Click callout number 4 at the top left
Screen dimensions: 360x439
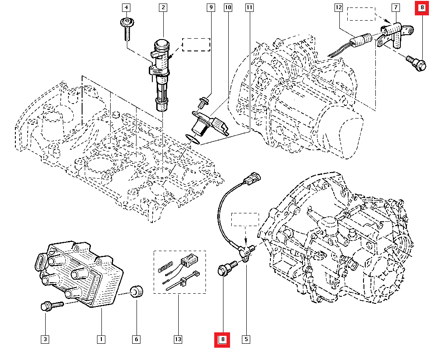[x=126, y=7]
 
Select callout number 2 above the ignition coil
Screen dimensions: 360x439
[x=163, y=7]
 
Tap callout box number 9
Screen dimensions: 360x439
[x=210, y=7]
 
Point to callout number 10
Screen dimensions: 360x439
[x=227, y=7]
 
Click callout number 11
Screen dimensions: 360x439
[x=249, y=7]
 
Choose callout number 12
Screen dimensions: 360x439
[x=338, y=7]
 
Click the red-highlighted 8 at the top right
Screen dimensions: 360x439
[x=422, y=7]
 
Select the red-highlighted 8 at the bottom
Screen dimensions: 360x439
[x=223, y=339]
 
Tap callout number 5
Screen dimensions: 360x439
[x=246, y=339]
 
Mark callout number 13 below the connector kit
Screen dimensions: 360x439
[x=178, y=339]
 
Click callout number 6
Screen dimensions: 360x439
[x=136, y=339]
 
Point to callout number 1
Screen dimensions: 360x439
[x=101, y=339]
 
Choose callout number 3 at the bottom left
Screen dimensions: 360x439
[x=45, y=339]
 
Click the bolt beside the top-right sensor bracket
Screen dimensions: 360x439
[x=415, y=63]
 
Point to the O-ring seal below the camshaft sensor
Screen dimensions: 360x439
[x=192, y=139]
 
